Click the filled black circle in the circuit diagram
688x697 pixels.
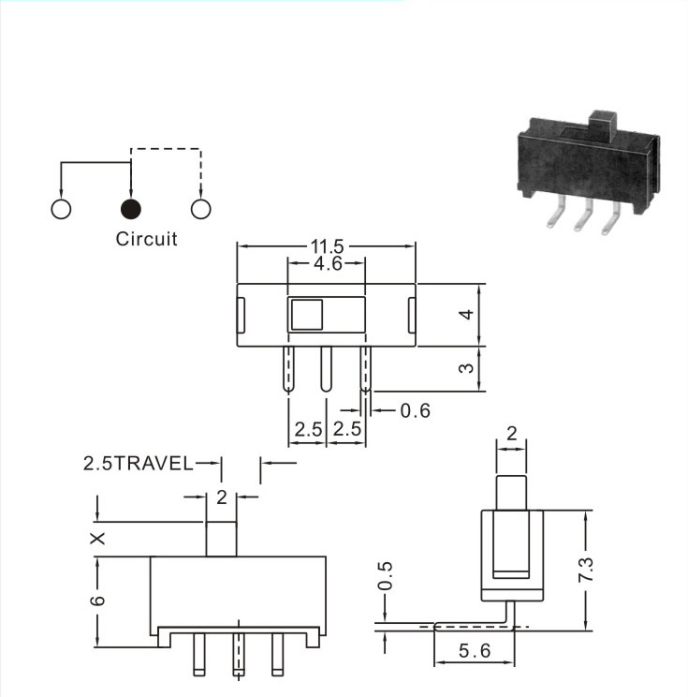[131, 209]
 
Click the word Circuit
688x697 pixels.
[146, 239]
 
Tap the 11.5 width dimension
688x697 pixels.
[327, 245]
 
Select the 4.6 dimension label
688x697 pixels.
[328, 263]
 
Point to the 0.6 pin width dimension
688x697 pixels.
[415, 410]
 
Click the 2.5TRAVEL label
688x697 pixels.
[139, 463]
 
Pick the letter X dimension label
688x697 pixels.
[97, 539]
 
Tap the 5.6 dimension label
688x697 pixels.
[475, 651]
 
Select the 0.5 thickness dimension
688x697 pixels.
[385, 576]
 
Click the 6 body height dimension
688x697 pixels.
[97, 601]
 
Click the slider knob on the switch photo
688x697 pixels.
[602, 126]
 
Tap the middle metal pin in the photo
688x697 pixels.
[583, 215]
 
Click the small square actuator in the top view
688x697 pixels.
[306, 314]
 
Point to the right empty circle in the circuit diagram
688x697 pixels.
[200, 209]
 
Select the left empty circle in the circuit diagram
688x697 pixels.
[61, 209]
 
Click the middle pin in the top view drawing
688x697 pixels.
[326, 369]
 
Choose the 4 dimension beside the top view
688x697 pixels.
[466, 315]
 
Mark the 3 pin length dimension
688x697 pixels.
[466, 368]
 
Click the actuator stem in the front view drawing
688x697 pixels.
[221, 540]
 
